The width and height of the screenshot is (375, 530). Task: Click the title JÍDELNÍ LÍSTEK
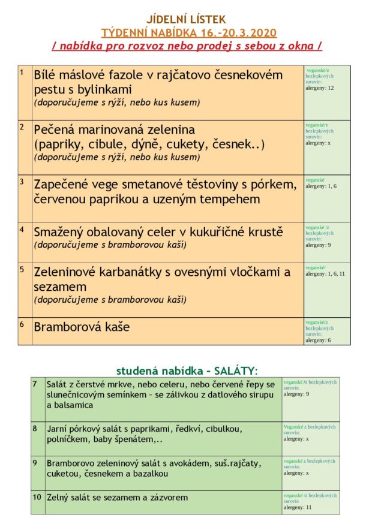[x=187, y=20]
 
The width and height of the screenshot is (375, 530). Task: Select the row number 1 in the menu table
[x=22, y=73]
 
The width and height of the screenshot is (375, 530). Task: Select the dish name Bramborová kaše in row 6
[x=82, y=327]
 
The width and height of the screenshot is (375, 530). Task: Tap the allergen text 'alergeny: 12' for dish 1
[x=319, y=88]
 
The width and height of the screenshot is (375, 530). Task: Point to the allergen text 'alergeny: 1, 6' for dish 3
[x=321, y=186]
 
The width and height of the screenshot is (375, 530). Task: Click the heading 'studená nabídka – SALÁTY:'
[x=187, y=371]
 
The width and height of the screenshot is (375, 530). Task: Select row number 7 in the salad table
[x=35, y=384]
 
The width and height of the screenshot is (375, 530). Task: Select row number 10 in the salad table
[x=37, y=497]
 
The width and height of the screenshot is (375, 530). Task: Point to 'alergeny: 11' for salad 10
[x=298, y=507]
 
